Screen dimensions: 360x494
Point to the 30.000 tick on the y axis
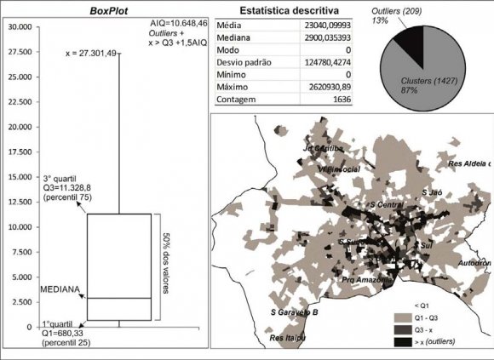pyautogui.click(x=16, y=27)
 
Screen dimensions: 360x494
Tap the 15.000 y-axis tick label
pyautogui.click(x=16, y=177)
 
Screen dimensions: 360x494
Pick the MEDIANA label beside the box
pyautogui.click(x=60, y=289)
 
